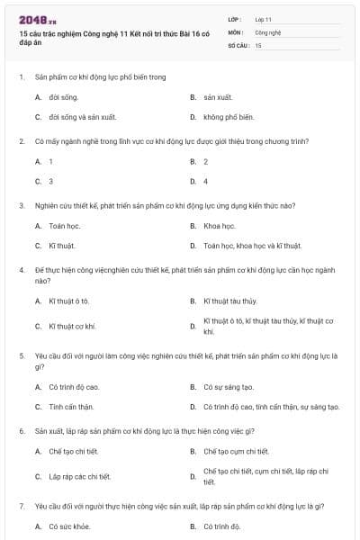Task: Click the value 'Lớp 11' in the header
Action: (263, 19)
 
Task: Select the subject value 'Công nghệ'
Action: (267, 31)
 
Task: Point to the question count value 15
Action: (258, 44)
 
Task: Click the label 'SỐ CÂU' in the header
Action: (238, 44)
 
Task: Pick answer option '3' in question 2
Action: (50, 181)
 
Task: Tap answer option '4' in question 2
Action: (206, 181)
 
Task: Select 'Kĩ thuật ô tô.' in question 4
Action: (69, 300)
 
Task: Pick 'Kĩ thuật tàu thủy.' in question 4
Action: (229, 300)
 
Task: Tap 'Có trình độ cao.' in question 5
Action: (74, 387)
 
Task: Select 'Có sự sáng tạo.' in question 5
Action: (229, 387)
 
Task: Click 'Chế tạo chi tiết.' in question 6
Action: (75, 451)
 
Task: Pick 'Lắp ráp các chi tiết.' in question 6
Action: (80, 476)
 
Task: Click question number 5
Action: (22, 355)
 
